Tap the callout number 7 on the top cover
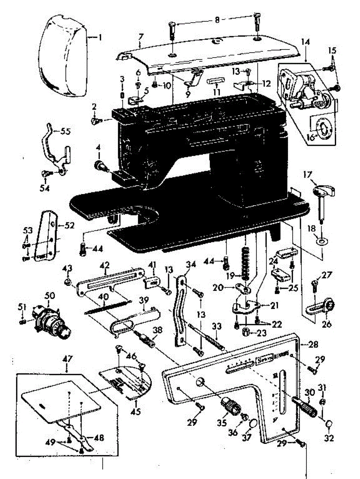[x=140, y=37]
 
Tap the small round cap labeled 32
[x=329, y=424]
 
